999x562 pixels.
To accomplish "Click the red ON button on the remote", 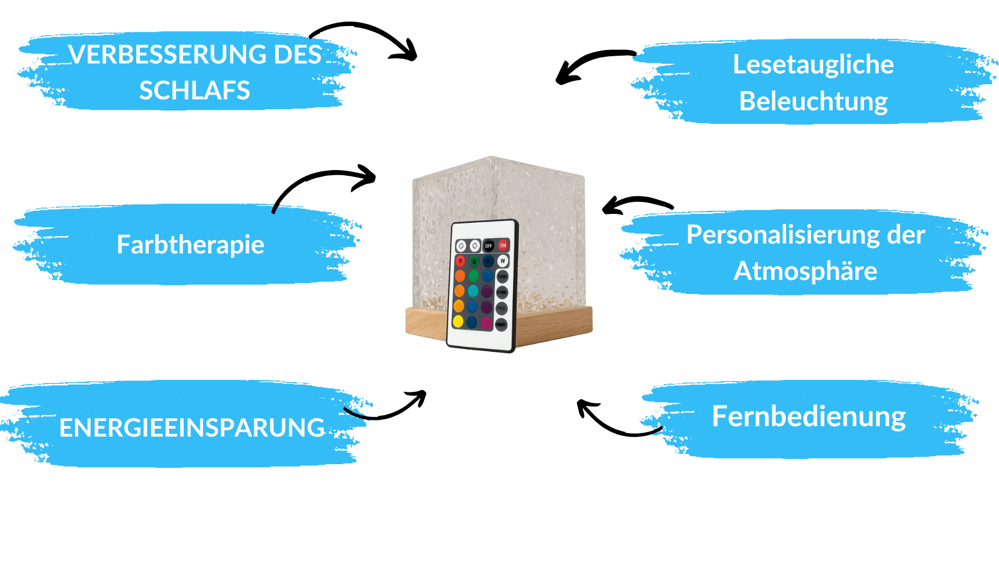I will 503,245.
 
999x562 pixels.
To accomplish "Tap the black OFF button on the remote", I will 489,246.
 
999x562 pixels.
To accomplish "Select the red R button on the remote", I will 460,261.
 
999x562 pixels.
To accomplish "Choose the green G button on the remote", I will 474,261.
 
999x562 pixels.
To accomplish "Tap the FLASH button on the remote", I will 503,276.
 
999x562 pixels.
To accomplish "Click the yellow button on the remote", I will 458,321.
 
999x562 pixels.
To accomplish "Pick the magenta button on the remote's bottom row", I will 486,323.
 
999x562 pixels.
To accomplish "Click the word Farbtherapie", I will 190,245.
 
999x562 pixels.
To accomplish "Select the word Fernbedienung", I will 809,416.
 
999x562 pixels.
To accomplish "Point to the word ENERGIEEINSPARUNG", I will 192,428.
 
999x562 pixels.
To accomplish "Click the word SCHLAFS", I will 195,91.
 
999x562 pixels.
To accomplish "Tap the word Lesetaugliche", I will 813,65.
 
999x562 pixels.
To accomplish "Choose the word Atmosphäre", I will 805,271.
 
